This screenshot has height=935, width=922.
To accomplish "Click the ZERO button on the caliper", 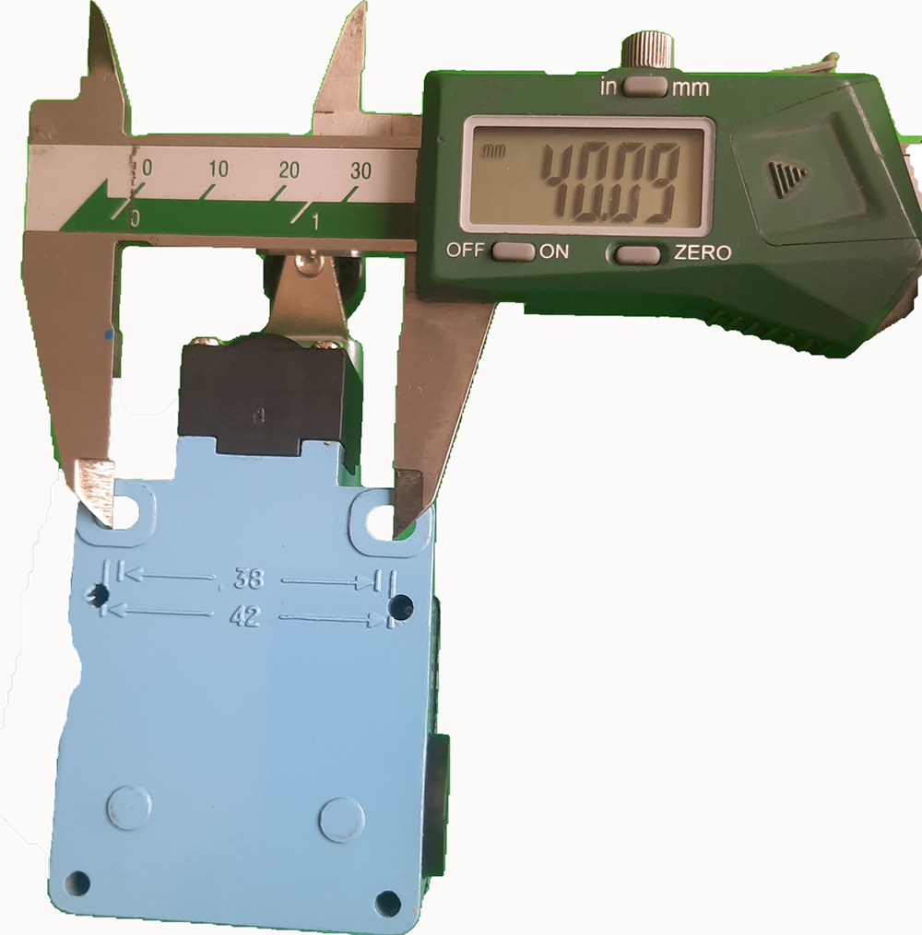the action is (x=639, y=254).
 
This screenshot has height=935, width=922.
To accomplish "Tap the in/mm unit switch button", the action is (x=644, y=88).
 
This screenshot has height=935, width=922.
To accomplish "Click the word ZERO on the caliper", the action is (x=703, y=252).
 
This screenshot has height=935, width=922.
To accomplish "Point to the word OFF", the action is (x=465, y=250).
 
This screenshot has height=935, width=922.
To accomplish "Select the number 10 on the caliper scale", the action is (x=219, y=169).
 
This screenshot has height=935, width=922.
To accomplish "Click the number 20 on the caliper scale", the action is (x=289, y=170).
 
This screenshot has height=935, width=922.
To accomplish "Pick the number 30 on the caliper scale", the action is (x=361, y=171).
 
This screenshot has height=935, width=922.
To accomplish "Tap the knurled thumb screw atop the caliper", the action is (x=647, y=53).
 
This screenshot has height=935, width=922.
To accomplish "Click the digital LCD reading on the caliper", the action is (x=610, y=183).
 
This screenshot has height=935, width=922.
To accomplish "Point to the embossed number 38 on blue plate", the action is (x=248, y=579).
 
